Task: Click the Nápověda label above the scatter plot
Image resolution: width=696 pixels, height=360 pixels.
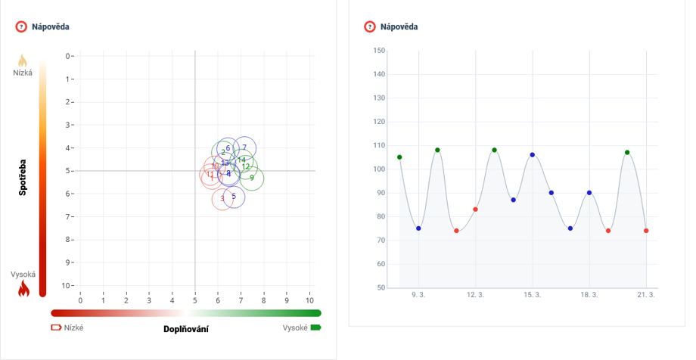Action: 51,27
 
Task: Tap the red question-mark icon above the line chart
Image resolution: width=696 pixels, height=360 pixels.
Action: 370,27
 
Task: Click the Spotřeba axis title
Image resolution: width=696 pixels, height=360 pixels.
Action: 23,176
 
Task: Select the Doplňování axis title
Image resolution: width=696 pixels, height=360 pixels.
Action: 186,329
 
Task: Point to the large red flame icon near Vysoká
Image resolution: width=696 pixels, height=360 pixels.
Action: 23,288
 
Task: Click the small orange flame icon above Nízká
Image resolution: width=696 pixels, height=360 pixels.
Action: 23,61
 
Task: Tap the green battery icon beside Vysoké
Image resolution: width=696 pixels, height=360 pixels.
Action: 315,327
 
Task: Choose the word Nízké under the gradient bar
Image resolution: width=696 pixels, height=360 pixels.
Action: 74,328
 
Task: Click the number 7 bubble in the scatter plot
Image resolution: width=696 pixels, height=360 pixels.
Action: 244,148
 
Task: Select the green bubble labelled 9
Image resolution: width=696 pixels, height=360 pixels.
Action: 252,178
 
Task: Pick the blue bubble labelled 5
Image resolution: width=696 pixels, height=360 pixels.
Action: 234,197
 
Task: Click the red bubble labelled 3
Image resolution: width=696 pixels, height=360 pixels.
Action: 222,199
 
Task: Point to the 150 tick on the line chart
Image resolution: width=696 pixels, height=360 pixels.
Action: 379,51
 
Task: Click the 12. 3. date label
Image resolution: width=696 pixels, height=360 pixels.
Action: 475,295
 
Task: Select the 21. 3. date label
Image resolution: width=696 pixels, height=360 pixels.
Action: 646,295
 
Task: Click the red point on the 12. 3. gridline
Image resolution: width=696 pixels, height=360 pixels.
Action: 475,209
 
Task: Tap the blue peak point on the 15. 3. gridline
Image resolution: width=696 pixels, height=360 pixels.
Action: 533,155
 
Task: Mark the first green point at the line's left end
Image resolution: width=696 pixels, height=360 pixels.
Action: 399,157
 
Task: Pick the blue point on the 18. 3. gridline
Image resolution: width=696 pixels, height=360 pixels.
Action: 589,193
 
